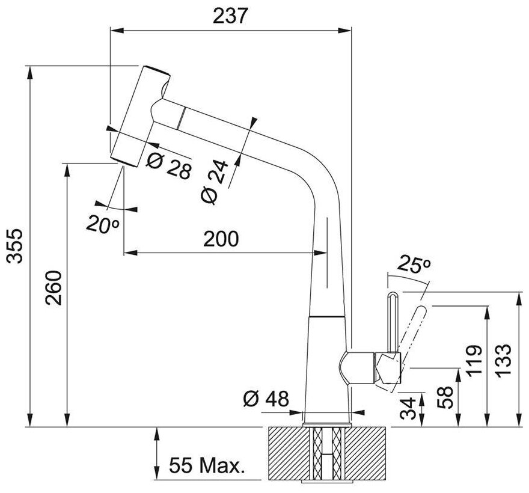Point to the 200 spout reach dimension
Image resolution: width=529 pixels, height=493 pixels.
(221, 239)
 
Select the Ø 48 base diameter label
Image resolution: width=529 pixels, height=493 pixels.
(266, 398)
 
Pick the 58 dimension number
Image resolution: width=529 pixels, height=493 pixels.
(444, 397)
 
